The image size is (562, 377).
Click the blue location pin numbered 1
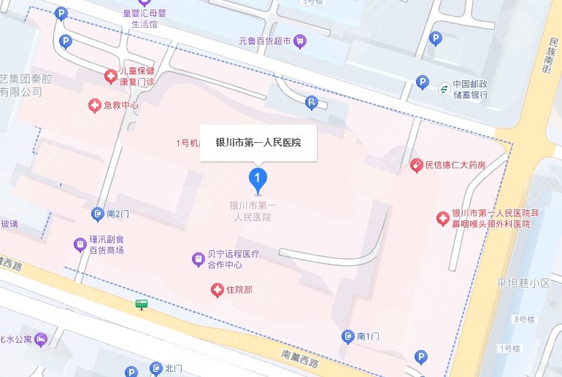pos(257,178)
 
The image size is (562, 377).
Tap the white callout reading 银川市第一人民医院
pos(258,142)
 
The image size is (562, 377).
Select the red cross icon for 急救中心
pos(94,106)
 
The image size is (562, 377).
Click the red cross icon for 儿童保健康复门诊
pos(110,75)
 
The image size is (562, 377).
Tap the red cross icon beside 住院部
pos(216,290)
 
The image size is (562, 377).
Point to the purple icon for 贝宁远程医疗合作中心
pos(197,258)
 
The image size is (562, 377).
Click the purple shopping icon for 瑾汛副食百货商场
pos(79,244)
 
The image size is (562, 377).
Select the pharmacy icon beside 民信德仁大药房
pos(416,166)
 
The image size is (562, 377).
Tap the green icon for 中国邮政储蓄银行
pos(443,88)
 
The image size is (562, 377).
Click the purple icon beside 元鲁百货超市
pos(299,41)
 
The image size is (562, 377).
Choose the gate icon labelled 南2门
pos(98,214)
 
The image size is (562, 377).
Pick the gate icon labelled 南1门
pos(348,336)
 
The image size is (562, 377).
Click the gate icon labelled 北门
pos(155,368)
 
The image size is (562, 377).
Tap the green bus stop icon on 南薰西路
pos(141,303)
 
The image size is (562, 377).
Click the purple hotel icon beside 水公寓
pos(42,339)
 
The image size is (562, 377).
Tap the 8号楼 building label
pos(525,319)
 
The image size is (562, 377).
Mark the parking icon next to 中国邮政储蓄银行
pos(422,82)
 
